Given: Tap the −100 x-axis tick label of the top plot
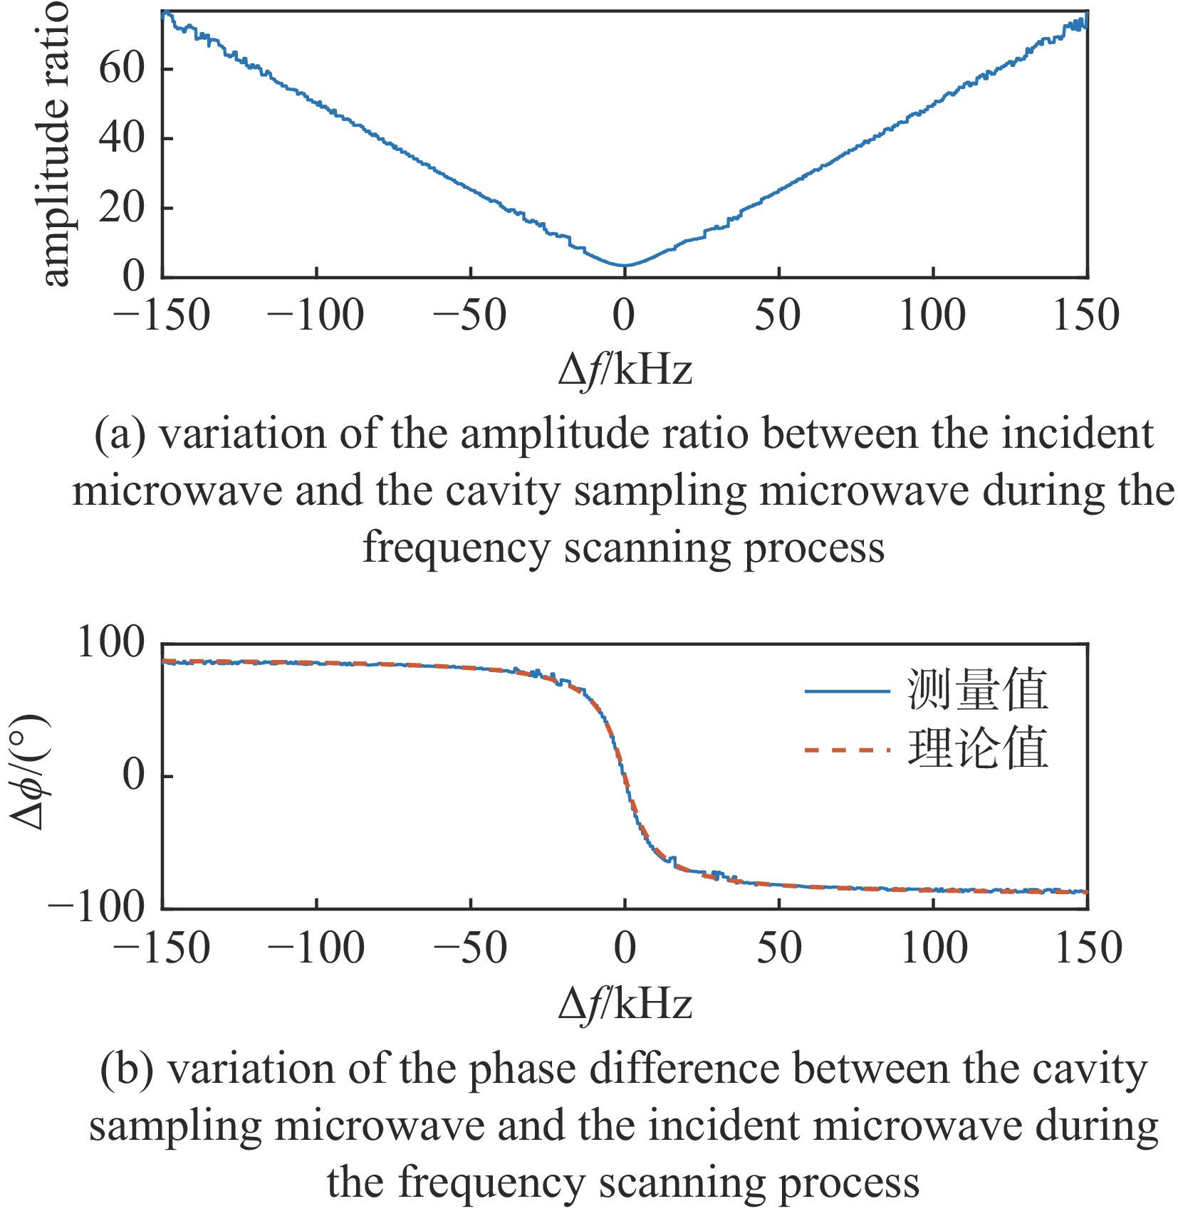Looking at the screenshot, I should [315, 315].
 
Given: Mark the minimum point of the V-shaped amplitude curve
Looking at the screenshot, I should [625, 266].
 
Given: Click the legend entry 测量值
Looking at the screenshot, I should [976, 690].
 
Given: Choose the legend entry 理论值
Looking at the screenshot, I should [976, 748].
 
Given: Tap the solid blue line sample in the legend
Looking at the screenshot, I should [847, 691].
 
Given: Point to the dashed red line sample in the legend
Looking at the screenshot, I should [847, 750].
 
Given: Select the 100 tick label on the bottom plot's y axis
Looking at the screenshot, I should [110, 642].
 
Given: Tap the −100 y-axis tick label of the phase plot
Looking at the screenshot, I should [96, 907].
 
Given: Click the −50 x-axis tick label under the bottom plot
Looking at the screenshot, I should [470, 948].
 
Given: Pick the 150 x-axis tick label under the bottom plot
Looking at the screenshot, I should [1088, 948].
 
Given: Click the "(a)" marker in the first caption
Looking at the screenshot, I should [120, 435].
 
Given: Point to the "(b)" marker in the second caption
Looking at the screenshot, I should [127, 1070].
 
